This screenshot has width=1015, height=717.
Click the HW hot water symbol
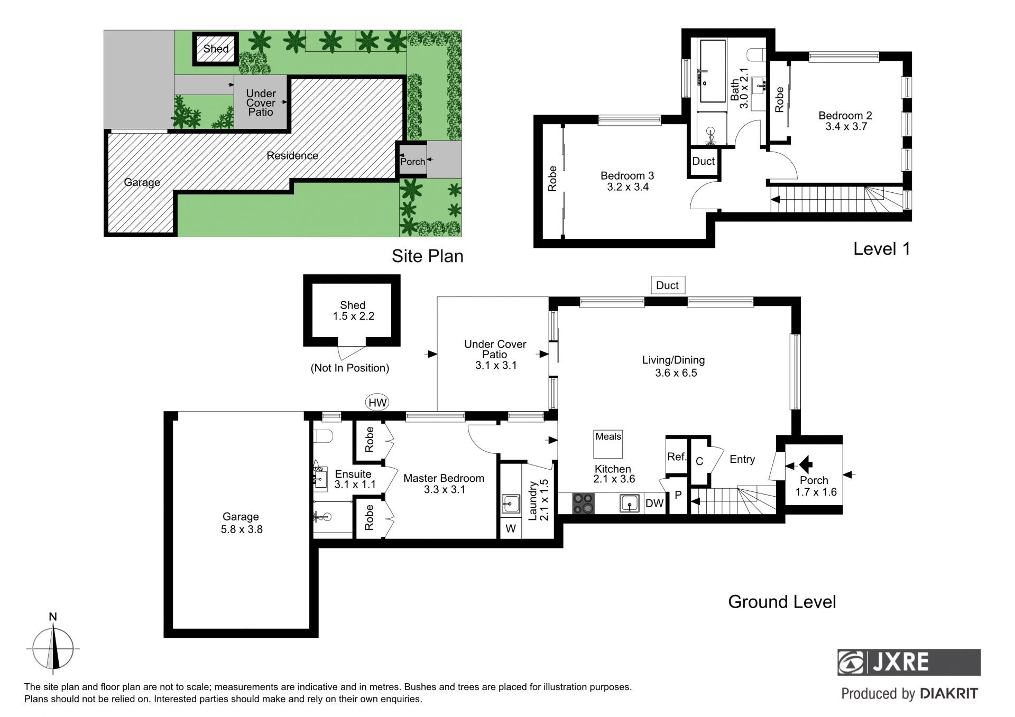pyautogui.click(x=377, y=403)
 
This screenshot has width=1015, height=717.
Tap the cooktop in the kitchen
pyautogui.click(x=584, y=503)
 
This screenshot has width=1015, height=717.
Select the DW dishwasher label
pyautogui.click(x=654, y=504)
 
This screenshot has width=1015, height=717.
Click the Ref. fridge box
pyautogui.click(x=676, y=456)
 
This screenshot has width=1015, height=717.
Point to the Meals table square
pyautogui.click(x=608, y=443)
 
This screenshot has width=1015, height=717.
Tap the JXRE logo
pyautogui.click(x=909, y=662)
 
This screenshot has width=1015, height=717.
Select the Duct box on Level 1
pyautogui.click(x=703, y=162)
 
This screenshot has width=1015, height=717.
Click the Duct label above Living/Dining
pyautogui.click(x=668, y=285)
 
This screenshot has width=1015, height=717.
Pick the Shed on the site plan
pyautogui.click(x=216, y=49)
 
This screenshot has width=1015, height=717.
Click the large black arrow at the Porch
pyautogui.click(x=805, y=465)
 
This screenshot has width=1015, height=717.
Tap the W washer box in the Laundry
pyautogui.click(x=511, y=528)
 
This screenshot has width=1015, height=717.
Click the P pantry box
pyautogui.click(x=678, y=495)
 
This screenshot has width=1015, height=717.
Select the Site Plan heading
pyautogui.click(x=427, y=256)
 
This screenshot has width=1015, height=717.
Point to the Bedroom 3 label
pyautogui.click(x=628, y=175)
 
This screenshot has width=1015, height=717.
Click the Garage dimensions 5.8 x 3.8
pyautogui.click(x=242, y=529)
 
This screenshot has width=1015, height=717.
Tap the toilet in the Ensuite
pyautogui.click(x=322, y=436)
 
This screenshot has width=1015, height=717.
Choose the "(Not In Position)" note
pyautogui.click(x=350, y=368)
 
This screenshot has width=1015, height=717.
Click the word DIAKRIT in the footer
pyautogui.click(x=949, y=694)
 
